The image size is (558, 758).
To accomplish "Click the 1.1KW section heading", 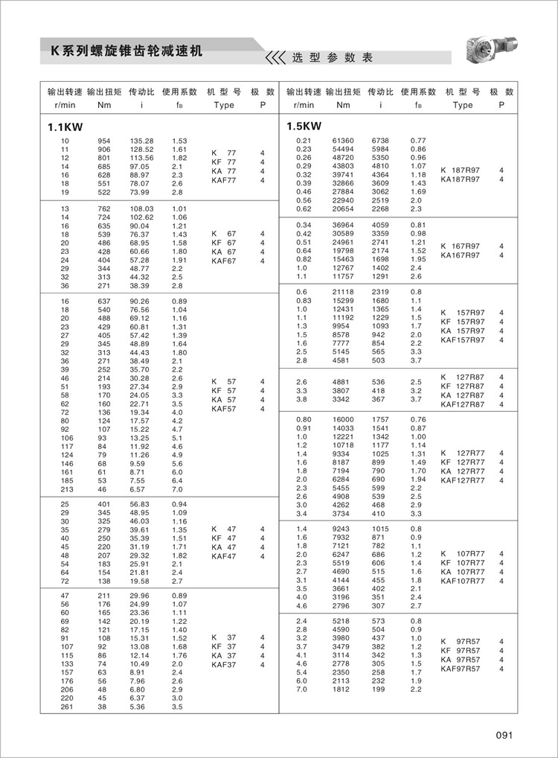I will (64, 127).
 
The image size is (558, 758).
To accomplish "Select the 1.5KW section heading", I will (304, 127).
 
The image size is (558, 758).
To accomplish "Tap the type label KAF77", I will (223, 179).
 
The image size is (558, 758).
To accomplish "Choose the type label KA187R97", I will (461, 179).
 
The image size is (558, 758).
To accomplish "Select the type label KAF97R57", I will (461, 669).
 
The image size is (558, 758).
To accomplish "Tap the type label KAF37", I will (223, 664).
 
